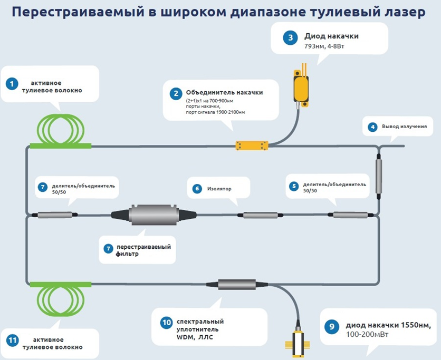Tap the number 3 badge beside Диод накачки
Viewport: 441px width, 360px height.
[x=290, y=37]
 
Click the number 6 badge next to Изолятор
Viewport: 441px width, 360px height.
[x=197, y=188]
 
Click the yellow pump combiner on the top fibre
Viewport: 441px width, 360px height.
[x=252, y=145]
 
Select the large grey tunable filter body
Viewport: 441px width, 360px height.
[x=154, y=215]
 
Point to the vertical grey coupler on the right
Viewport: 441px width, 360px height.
[x=378, y=177]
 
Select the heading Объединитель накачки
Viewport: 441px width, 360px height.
[x=224, y=92]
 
